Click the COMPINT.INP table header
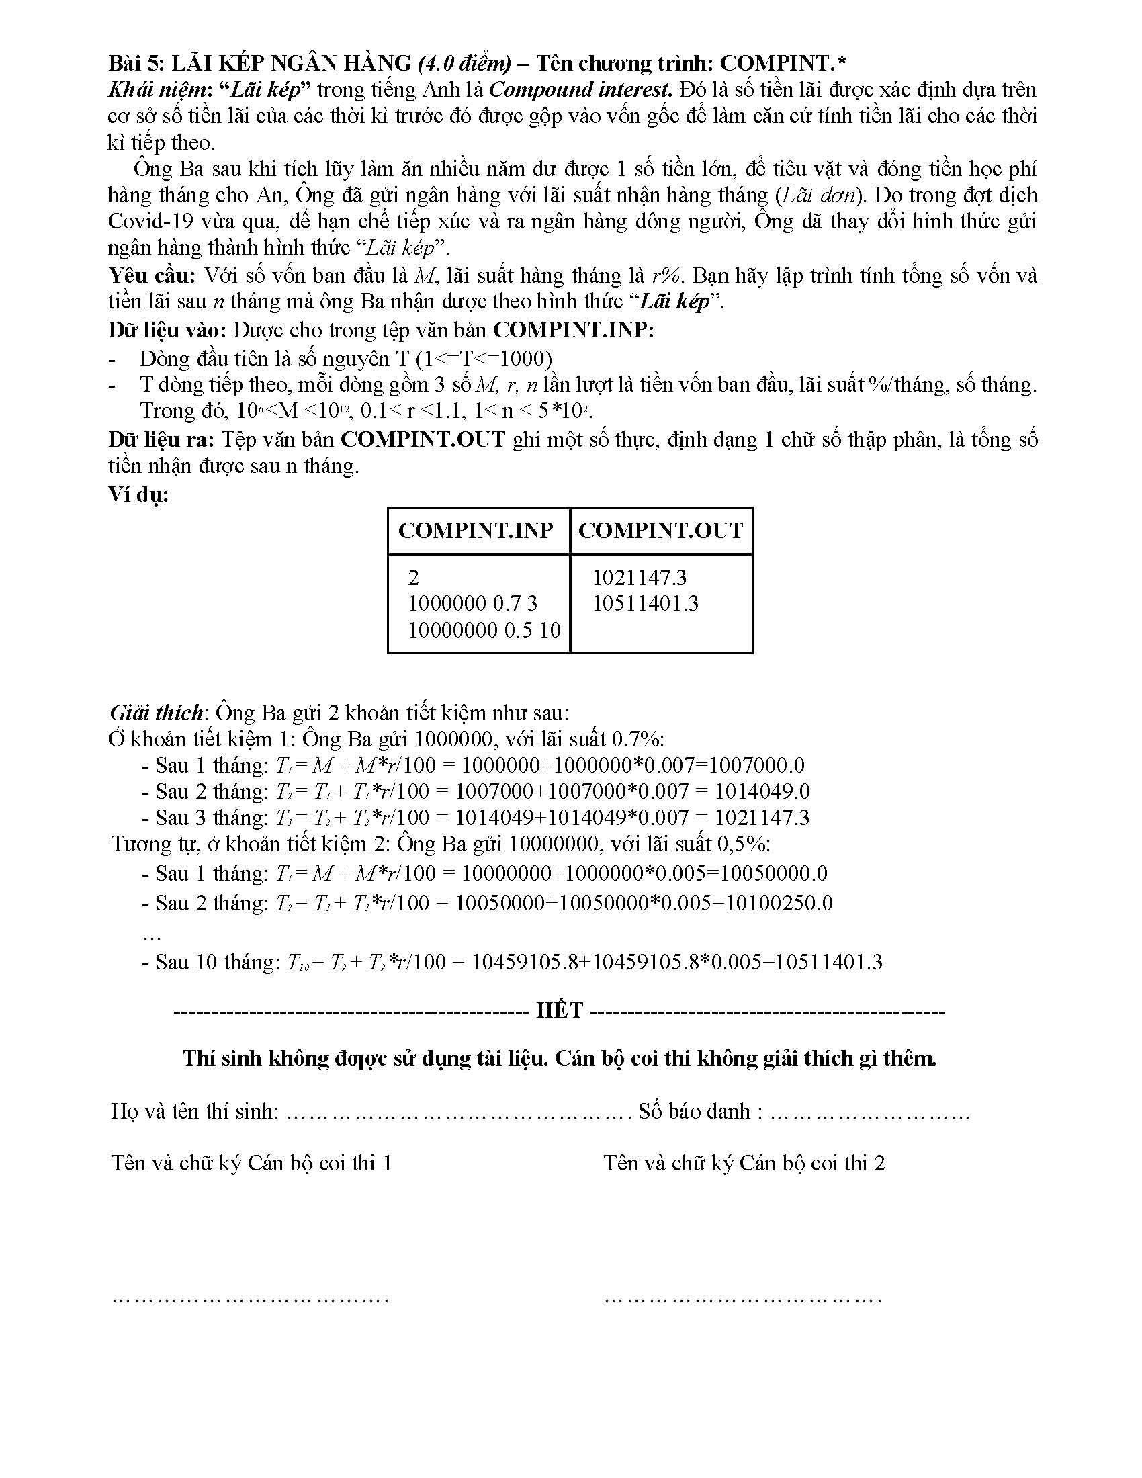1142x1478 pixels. [x=476, y=530]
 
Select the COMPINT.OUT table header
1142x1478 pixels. [x=660, y=530]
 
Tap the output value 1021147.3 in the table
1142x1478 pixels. [x=639, y=577]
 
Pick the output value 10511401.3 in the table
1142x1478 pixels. [x=645, y=603]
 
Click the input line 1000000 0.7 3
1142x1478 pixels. [x=472, y=603]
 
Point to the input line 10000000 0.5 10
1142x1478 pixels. [x=484, y=630]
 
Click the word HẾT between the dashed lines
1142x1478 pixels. [x=560, y=1010]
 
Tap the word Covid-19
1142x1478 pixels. [x=144, y=221]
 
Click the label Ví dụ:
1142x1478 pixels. [x=138, y=494]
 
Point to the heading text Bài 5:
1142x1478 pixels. [x=136, y=63]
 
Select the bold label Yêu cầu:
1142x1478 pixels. [x=152, y=275]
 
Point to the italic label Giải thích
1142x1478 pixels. [x=156, y=713]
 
